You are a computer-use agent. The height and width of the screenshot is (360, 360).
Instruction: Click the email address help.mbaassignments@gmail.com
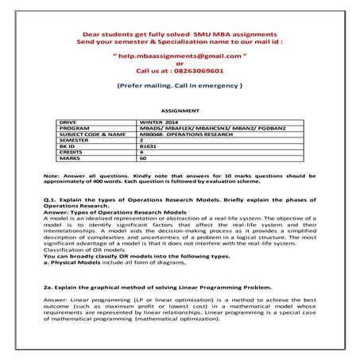(180, 57)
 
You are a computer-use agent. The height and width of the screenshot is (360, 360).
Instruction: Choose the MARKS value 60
(142, 159)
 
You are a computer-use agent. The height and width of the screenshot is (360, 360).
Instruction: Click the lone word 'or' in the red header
(180, 64)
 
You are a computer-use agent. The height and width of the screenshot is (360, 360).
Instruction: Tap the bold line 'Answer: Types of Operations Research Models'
(114, 211)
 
